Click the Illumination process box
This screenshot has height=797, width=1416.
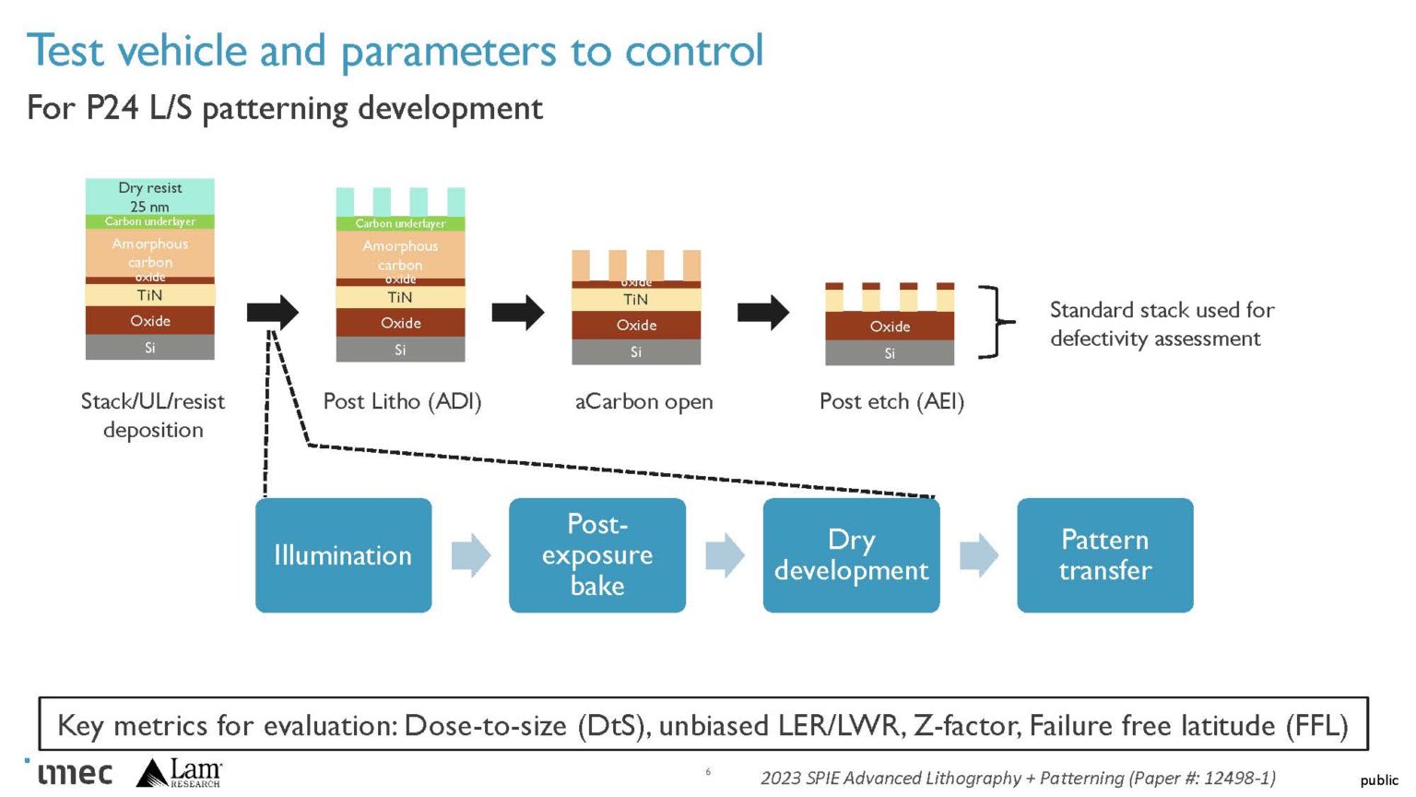(x=343, y=555)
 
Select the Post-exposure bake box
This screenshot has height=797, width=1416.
(x=597, y=555)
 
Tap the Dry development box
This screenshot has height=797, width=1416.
(x=851, y=555)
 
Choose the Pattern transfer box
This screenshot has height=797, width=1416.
(x=1104, y=555)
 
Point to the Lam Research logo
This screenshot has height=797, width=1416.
(x=181, y=773)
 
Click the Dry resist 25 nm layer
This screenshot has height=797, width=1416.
(x=150, y=196)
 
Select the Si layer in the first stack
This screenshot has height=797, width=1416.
(x=150, y=348)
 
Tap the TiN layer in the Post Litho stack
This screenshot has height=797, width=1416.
(x=400, y=297)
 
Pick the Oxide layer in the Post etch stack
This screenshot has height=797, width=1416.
(x=890, y=327)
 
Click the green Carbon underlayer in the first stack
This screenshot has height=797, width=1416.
(x=150, y=222)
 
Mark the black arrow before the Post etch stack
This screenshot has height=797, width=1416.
(x=762, y=313)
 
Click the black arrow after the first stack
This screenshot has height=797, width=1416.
(x=273, y=312)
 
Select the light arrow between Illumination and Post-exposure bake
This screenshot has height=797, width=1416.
(x=470, y=555)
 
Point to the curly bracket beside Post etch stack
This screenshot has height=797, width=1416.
(x=995, y=322)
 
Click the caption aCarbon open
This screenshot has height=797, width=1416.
(x=643, y=401)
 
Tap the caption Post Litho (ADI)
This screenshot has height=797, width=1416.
(x=402, y=401)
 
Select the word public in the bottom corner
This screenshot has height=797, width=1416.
(x=1378, y=780)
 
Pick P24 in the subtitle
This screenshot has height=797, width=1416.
(x=112, y=108)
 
